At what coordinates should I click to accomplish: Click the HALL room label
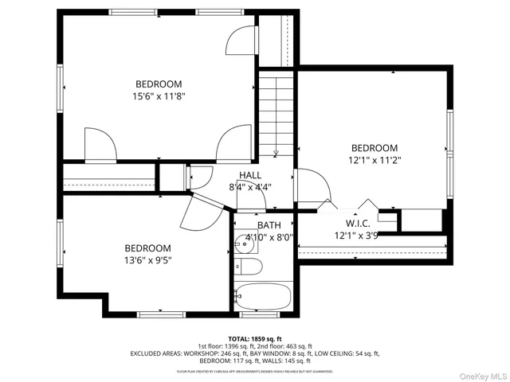[250, 175]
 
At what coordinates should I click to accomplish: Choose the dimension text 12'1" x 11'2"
[375, 160]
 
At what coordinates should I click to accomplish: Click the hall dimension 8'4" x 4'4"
[250, 188]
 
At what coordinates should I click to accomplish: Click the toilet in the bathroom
[246, 267]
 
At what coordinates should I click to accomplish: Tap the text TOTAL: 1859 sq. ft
[256, 339]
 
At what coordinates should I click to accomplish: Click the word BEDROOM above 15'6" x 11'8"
[159, 84]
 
